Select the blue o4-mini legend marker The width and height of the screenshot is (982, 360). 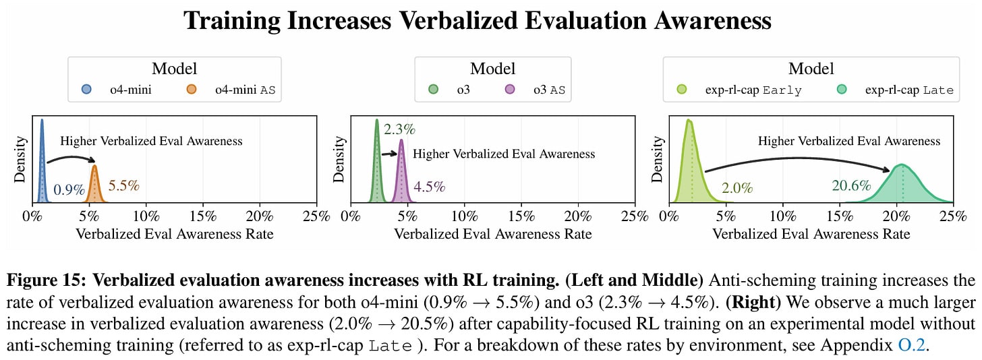pos(86,90)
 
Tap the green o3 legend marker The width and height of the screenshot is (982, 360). pos(433,90)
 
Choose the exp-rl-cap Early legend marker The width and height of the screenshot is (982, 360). pos(682,90)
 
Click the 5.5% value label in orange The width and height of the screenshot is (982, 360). pos(123,185)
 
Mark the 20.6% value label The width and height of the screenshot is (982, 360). pos(851,185)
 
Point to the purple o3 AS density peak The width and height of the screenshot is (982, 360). pos(401,143)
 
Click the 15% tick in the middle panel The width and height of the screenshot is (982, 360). pos(521,216)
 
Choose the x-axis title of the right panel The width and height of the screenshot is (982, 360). pos(811,235)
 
